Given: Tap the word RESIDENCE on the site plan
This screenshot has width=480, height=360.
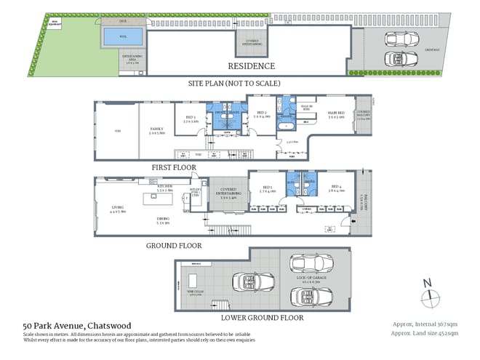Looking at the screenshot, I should (x=251, y=66).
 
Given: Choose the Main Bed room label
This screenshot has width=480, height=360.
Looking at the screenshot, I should (x=336, y=115).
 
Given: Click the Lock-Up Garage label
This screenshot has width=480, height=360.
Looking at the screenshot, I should (x=307, y=279).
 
